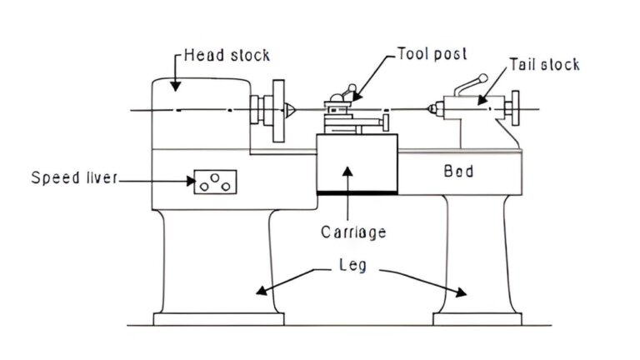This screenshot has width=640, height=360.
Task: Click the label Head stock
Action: [x=227, y=57]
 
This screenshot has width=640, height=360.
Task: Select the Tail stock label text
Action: [x=545, y=64]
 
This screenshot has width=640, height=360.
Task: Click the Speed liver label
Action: [x=75, y=177]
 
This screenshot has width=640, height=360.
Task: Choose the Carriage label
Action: [x=353, y=232]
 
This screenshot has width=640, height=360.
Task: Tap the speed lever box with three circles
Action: [x=215, y=181]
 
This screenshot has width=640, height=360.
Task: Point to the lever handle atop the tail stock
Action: [x=469, y=85]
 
